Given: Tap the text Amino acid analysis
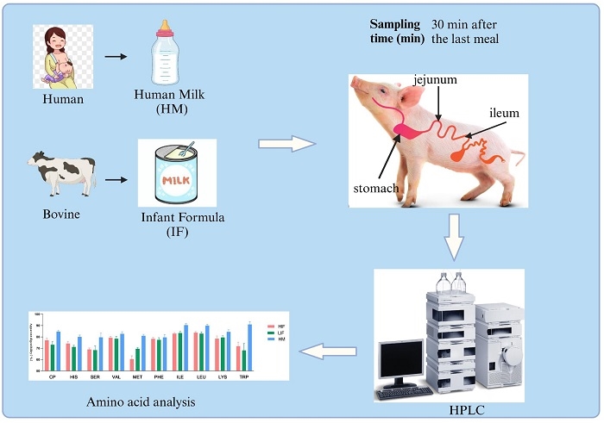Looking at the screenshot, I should pos(142,402).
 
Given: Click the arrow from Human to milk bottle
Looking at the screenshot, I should pos(114,58).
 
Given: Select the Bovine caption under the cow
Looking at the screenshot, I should pos(61,213).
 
